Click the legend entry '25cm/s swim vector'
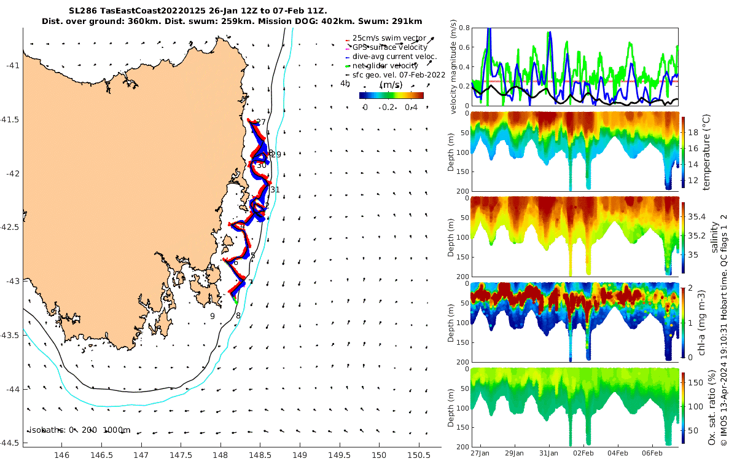[x=385, y=38]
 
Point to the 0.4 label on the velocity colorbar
[x=411, y=108]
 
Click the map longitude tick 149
[x=300, y=455]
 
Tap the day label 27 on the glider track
[x=261, y=122]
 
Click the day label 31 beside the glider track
[x=275, y=190]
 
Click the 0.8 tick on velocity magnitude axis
[x=464, y=28]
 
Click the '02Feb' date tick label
[x=583, y=453]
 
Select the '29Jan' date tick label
[x=514, y=453]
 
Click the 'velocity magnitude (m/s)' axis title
[x=454, y=67]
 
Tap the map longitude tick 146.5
[x=101, y=455]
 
